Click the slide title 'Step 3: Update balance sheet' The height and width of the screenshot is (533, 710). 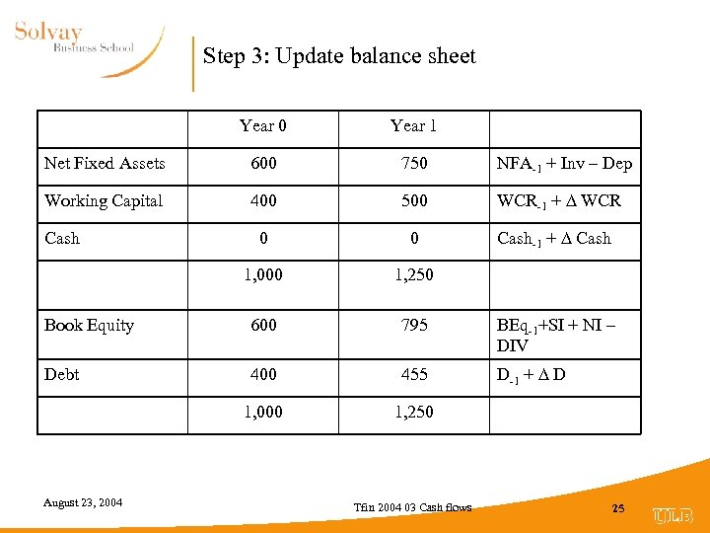pos(339,56)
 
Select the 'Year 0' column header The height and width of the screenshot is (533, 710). pos(263,125)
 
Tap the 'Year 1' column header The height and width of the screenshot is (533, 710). pos(413,125)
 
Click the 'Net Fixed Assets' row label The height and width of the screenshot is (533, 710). pos(105,164)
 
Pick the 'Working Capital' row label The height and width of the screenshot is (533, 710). pos(104,201)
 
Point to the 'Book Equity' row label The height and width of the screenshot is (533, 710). pos(89,326)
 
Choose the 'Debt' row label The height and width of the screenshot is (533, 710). pos(62,375)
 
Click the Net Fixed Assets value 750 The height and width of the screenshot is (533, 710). pos(414,164)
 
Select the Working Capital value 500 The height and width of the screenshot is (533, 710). pos(414,201)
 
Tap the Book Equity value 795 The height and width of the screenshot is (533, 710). pos(414,326)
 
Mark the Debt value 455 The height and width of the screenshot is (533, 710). pos(414,375)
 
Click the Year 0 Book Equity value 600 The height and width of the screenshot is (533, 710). pos(263,326)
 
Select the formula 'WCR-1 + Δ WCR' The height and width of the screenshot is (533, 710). pos(559,201)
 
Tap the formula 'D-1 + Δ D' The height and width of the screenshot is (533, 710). pos(532,375)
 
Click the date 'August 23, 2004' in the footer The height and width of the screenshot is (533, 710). pos(83,503)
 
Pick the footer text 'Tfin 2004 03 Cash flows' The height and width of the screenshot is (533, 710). pos(413,507)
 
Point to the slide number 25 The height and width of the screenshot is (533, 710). pos(618,508)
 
